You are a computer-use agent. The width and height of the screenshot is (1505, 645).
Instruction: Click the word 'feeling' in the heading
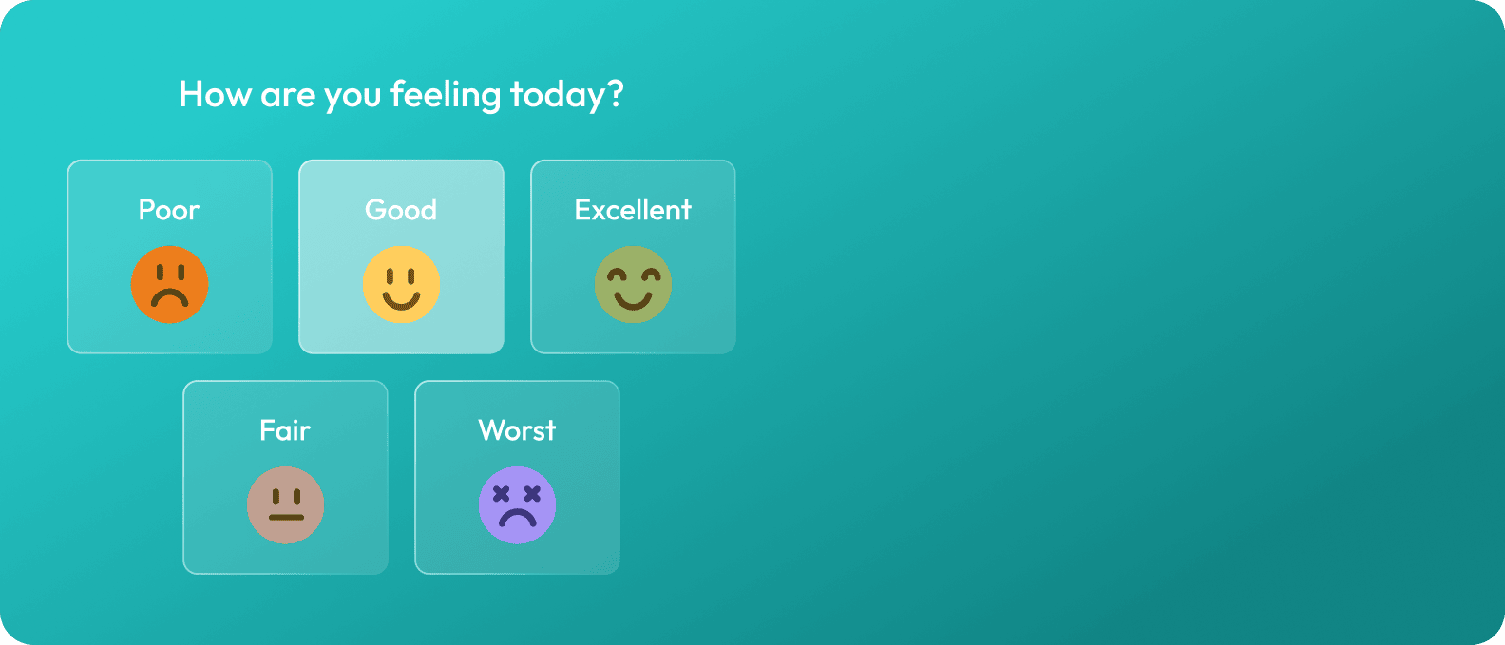pyautogui.click(x=446, y=95)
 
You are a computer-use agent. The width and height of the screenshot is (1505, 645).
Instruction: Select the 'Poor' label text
pyautogui.click(x=169, y=210)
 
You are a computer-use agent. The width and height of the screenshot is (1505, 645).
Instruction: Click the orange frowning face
pyautogui.click(x=169, y=284)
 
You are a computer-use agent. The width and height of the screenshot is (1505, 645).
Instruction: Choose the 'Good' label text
pyautogui.click(x=401, y=210)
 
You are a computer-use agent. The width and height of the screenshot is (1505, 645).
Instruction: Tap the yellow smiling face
pyautogui.click(x=401, y=284)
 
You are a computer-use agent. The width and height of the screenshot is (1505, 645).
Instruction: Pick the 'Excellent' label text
pyautogui.click(x=633, y=210)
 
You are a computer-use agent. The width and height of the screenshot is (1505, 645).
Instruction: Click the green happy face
pyautogui.click(x=633, y=284)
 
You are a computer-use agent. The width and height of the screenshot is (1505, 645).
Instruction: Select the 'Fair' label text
pyautogui.click(x=286, y=430)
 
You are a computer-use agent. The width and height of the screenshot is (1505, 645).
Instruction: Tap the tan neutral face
pyautogui.click(x=286, y=504)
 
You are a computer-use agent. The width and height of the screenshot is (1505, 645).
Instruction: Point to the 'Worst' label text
pyautogui.click(x=517, y=430)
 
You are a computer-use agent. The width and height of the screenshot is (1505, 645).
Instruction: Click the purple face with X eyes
pyautogui.click(x=517, y=504)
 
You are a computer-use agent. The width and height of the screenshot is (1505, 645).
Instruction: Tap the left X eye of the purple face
pyautogui.click(x=502, y=495)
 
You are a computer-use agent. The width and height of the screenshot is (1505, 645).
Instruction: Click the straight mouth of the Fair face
pyautogui.click(x=286, y=518)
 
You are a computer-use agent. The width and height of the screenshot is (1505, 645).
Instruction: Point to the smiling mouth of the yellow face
pyautogui.click(x=401, y=301)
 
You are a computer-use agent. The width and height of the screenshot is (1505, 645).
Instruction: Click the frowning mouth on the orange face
pyautogui.click(x=169, y=296)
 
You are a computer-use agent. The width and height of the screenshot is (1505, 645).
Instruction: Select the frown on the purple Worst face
pyautogui.click(x=517, y=518)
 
